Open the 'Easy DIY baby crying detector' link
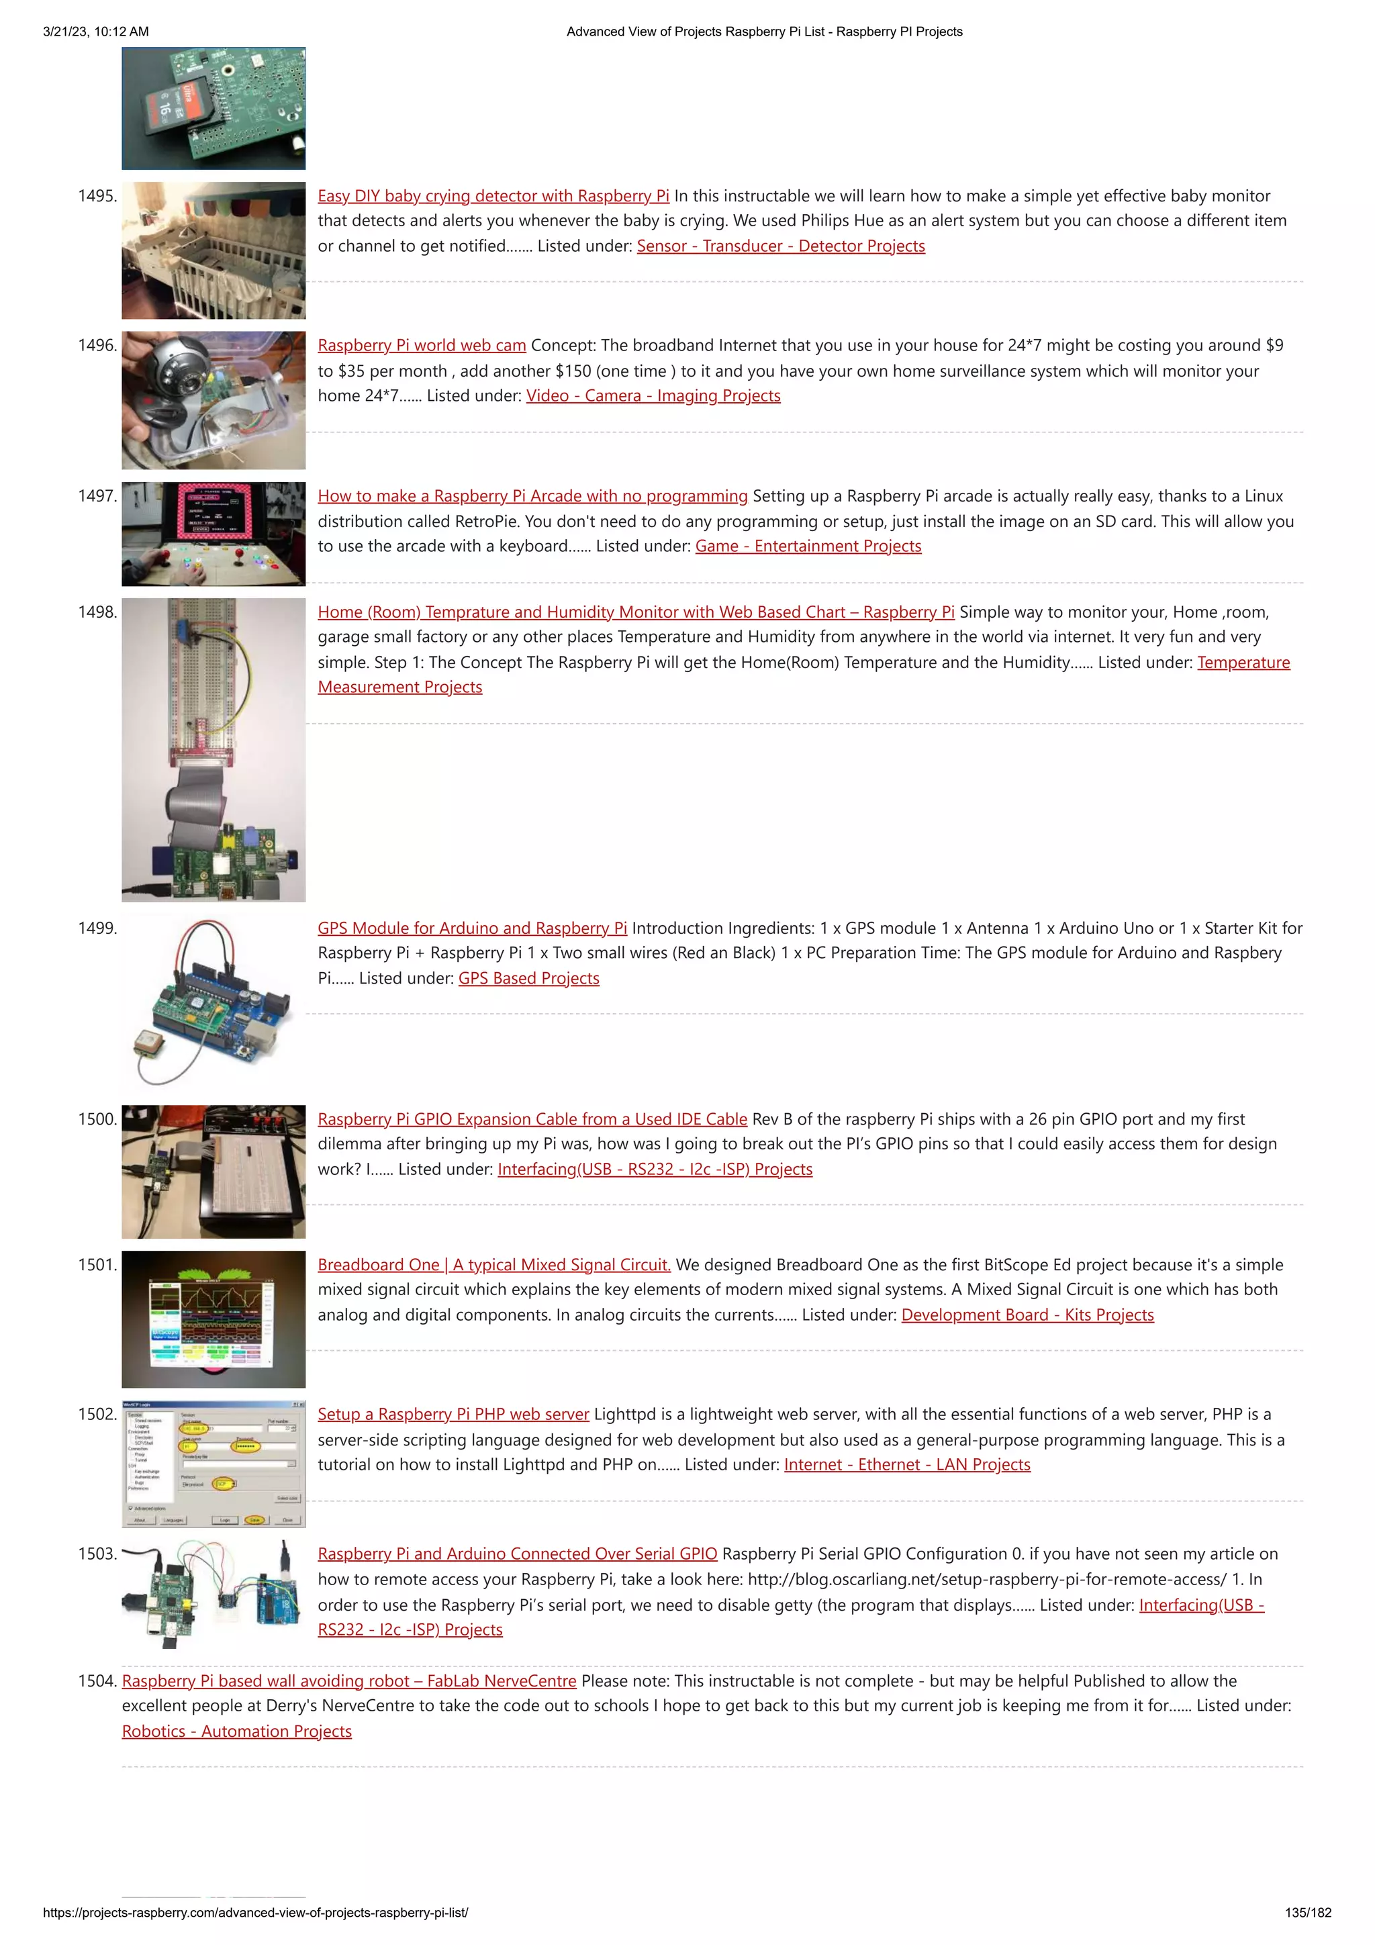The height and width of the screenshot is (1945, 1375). tap(493, 195)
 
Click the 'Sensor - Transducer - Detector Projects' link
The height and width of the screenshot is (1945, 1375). tap(780, 246)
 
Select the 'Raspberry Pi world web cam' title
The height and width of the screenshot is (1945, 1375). tap(422, 345)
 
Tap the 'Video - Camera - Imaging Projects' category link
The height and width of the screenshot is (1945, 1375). tap(653, 395)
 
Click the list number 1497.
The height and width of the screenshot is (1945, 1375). tap(97, 495)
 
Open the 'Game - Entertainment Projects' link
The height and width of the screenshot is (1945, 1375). tap(808, 546)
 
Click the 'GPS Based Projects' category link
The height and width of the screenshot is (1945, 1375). tap(528, 978)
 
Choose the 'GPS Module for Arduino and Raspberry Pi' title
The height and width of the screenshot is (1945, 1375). tap(472, 928)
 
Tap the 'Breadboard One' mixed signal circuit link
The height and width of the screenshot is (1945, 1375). tap(494, 1264)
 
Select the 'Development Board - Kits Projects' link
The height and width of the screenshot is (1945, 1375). tap(1027, 1315)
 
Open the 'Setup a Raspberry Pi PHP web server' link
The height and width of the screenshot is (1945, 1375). tap(453, 1414)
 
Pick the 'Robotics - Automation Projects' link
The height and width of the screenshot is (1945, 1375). tap(236, 1731)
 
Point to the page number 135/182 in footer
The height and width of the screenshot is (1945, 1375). tap(1307, 1912)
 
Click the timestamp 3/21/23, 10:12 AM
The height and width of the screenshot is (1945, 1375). tap(96, 32)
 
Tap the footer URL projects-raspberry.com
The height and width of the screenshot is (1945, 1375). tap(255, 1912)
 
